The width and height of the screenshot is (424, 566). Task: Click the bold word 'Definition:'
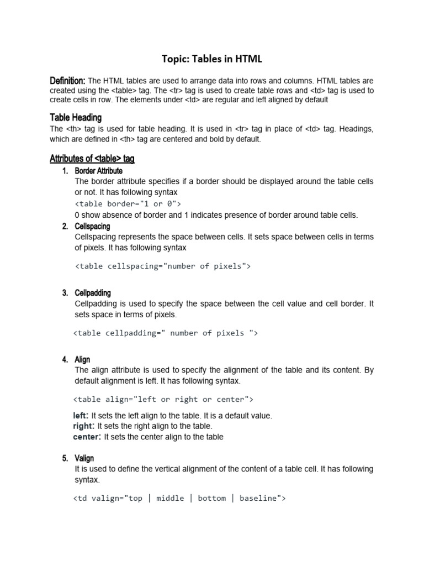[67, 81]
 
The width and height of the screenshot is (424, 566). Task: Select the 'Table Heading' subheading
[76, 118]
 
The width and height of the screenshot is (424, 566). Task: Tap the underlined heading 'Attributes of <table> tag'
[92, 159]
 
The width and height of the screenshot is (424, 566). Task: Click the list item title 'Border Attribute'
[99, 171]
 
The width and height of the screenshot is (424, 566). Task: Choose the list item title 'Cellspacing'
[92, 226]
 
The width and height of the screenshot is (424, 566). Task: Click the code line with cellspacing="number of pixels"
[163, 266]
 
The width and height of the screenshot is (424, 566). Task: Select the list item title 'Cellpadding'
[93, 293]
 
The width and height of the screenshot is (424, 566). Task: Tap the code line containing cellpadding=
[165, 333]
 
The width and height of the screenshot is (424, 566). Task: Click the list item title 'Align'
[82, 359]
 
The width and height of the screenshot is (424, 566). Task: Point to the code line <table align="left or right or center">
[163, 399]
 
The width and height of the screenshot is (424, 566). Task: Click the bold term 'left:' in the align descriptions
[81, 416]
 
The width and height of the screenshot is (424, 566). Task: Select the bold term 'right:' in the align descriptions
[84, 426]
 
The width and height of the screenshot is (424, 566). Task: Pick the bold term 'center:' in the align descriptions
[87, 437]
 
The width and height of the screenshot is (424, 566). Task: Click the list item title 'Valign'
[84, 458]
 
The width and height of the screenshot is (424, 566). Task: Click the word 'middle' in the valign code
[170, 498]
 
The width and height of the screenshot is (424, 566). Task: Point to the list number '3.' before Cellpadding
[65, 293]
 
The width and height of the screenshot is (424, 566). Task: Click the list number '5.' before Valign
[65, 458]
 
